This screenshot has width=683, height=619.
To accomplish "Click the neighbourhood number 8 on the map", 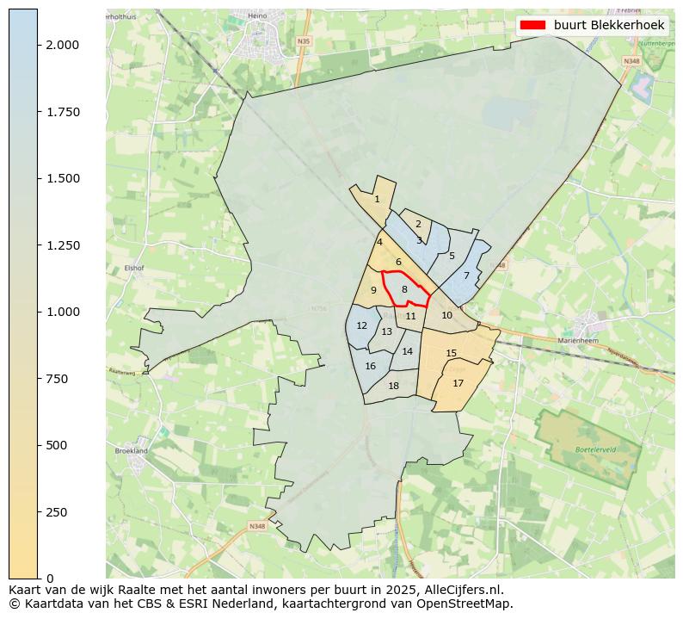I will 404,290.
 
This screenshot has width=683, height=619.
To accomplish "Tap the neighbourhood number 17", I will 458,383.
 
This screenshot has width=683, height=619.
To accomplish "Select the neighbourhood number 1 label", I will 377,199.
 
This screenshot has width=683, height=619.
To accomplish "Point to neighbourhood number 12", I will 361,326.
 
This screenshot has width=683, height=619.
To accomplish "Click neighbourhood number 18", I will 393,386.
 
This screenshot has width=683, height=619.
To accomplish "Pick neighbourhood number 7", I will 466,275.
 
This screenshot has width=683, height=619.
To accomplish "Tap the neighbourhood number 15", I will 451,353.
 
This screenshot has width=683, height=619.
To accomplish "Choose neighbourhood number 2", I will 418,224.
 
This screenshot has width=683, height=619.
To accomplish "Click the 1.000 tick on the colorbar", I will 63,312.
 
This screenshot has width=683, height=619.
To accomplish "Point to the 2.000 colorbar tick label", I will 63,45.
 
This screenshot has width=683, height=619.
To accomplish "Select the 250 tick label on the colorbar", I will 56,512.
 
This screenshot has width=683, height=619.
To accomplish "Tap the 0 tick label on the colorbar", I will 50,579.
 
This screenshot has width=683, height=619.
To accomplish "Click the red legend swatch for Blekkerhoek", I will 532,26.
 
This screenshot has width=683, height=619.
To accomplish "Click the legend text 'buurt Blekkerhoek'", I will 609,26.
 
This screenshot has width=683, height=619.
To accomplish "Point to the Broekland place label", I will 131,450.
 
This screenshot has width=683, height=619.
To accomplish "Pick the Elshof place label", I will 133,268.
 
